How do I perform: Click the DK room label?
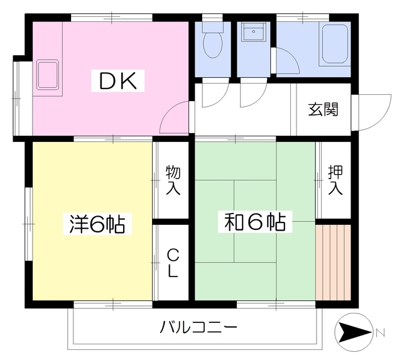click(x=117, y=81)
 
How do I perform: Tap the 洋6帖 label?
click(x=97, y=224)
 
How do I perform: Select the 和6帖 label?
click(x=255, y=222)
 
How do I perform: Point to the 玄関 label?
click(x=323, y=109)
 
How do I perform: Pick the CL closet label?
click(x=173, y=264)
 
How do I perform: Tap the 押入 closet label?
click(x=335, y=180)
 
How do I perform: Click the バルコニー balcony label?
click(x=198, y=327)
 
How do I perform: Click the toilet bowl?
click(x=213, y=44)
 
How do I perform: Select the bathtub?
click(x=335, y=44)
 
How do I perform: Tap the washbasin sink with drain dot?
click(x=253, y=31)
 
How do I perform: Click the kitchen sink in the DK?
click(x=48, y=75)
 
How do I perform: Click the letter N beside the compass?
click(x=381, y=333)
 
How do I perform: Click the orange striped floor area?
click(x=333, y=262)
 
